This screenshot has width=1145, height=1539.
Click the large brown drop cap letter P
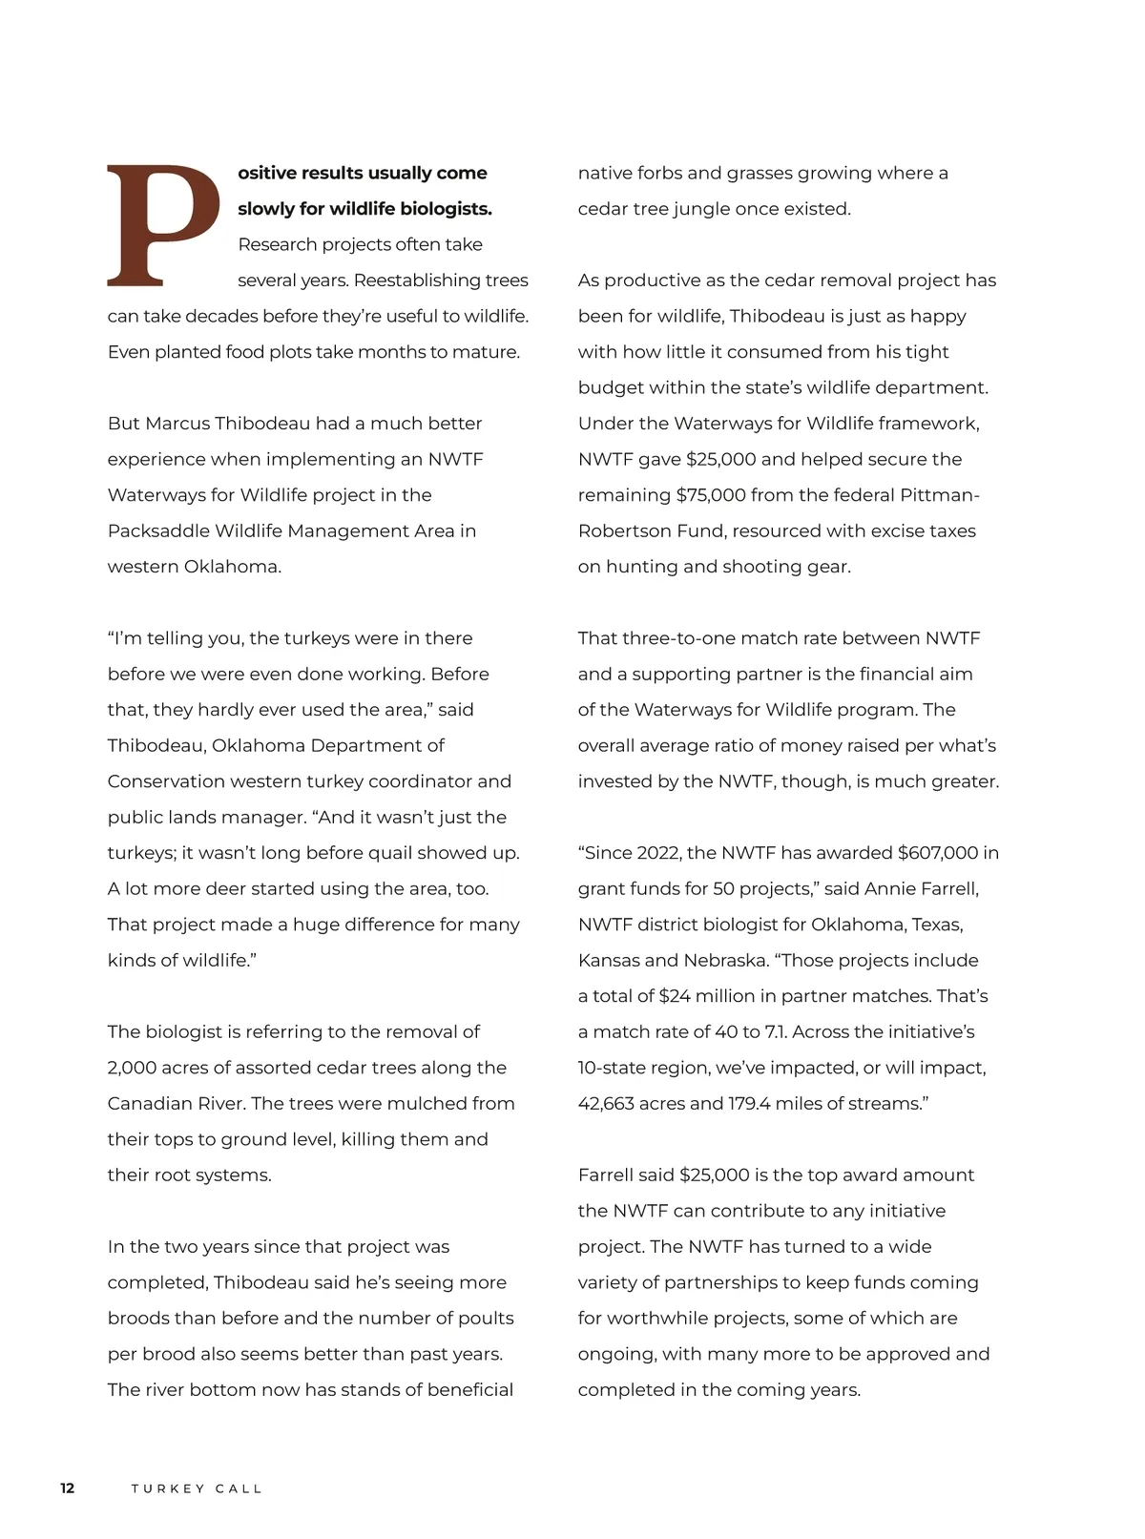pyautogui.click(x=162, y=225)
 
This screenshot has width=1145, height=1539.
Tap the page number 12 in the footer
pyautogui.click(x=67, y=1488)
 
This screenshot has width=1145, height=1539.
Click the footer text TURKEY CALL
pyautogui.click(x=197, y=1488)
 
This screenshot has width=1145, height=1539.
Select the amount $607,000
pyautogui.click(x=938, y=853)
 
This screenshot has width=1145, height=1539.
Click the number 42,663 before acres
pyautogui.click(x=609, y=1104)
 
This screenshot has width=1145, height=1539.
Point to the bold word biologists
pyautogui.click(x=447, y=209)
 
